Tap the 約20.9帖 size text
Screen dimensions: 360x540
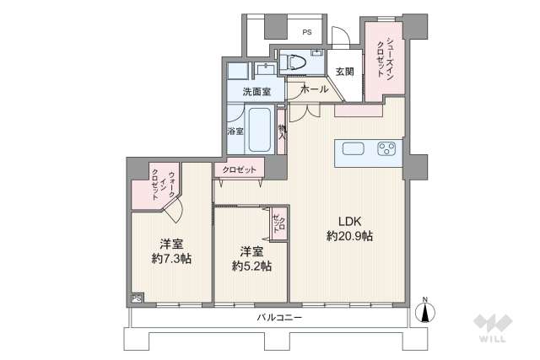350,238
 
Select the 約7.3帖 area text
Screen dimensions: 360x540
171,258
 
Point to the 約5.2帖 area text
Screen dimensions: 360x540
251,266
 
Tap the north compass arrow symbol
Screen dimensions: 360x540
425,312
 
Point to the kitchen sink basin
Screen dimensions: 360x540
354,149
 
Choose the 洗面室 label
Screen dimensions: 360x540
256,90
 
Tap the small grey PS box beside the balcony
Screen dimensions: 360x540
136,298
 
